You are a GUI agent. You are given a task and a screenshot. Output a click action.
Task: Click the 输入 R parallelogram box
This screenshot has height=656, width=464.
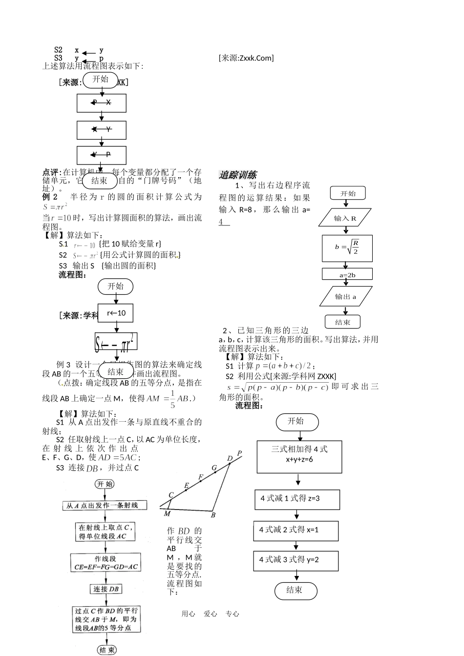point(345,218)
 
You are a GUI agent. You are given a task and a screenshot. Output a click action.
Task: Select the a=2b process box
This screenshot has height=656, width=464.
point(347,274)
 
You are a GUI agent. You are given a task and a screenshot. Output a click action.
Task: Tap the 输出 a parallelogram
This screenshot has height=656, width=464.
point(345,296)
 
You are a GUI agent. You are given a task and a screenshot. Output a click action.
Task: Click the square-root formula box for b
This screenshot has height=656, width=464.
point(347,248)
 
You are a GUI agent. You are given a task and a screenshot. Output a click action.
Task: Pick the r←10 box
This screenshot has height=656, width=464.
point(116,313)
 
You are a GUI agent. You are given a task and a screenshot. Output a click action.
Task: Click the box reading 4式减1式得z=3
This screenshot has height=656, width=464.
point(297,499)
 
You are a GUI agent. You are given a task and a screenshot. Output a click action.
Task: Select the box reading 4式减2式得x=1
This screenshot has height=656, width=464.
point(295,530)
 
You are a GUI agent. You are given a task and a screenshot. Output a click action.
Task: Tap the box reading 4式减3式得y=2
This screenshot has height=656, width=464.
point(295,560)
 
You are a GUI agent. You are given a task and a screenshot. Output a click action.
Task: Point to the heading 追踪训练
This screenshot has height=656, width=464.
point(237,175)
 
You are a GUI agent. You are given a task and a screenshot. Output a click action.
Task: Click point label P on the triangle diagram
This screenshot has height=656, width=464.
point(239,453)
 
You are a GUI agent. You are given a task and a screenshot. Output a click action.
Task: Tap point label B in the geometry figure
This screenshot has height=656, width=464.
point(213,515)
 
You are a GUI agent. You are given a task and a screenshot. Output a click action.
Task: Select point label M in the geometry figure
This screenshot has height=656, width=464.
point(167,513)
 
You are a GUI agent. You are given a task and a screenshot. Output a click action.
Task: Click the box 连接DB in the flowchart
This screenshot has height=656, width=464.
point(106,589)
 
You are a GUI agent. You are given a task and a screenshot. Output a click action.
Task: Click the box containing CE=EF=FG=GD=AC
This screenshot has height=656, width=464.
point(106,562)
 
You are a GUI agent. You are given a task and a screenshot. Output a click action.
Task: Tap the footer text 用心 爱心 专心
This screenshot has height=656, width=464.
point(210,614)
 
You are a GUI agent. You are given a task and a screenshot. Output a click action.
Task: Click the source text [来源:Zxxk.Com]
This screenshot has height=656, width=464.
point(246,58)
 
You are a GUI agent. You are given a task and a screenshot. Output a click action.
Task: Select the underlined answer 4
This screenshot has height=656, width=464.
point(222,222)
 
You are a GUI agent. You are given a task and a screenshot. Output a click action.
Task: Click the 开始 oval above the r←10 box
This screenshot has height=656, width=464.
point(116,287)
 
